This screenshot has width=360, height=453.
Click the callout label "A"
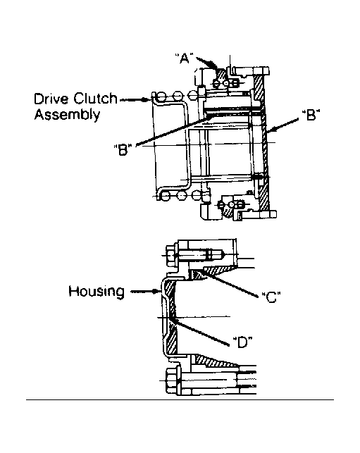click(x=185, y=58)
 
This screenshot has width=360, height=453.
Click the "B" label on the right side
click(x=311, y=115)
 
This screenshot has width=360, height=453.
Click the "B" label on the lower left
click(x=123, y=149)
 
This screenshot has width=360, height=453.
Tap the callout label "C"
click(x=271, y=297)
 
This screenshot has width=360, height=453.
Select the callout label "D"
click(x=242, y=342)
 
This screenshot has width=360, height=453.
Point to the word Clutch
click(x=95, y=99)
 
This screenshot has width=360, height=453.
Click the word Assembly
click(x=67, y=115)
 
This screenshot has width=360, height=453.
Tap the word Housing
click(x=97, y=291)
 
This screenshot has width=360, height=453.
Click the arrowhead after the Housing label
click(x=156, y=291)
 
